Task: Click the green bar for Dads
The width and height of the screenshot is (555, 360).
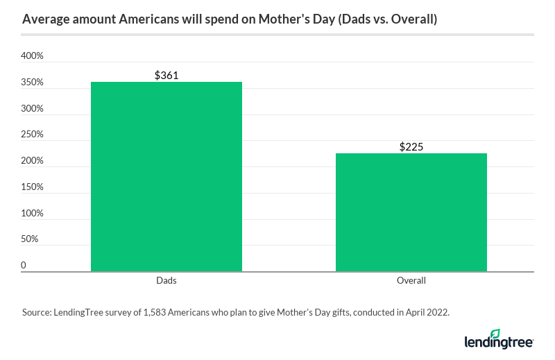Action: tap(166, 176)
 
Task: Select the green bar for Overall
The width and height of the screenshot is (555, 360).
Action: tap(411, 212)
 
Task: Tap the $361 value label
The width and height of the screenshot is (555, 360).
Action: tap(166, 75)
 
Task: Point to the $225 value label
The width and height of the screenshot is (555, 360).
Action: tap(411, 146)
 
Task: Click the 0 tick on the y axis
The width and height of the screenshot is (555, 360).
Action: tap(24, 266)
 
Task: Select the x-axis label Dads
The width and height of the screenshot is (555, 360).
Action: tap(166, 281)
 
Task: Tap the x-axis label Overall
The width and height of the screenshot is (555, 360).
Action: tap(411, 281)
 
